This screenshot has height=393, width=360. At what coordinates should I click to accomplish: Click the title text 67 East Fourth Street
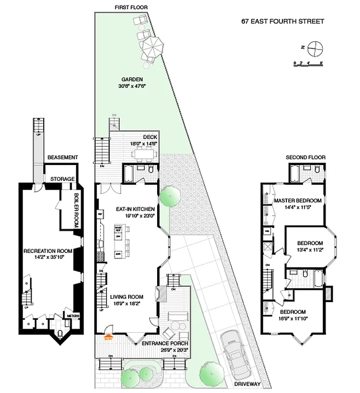point(282,21)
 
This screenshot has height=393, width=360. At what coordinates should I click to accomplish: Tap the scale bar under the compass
point(307,62)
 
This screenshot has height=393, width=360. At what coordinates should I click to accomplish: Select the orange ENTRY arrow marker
point(108,337)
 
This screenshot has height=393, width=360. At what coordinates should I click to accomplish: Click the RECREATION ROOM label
point(48,251)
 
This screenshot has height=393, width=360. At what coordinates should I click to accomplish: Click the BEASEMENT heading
point(62,157)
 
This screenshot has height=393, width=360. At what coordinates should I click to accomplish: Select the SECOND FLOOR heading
point(305,157)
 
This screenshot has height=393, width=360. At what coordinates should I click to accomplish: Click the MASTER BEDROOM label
point(298,200)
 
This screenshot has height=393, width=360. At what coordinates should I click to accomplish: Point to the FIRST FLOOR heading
point(131,7)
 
